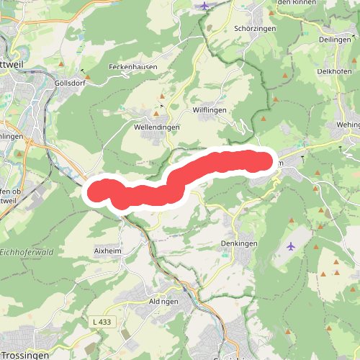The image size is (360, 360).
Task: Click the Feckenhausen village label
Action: pos(132,66)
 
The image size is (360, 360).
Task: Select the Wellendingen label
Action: pos(157,126)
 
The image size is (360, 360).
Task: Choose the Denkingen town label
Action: pos(239,243)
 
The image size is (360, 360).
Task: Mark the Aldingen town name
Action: pos(165,301)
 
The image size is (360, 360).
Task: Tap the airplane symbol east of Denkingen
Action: pos(290,246)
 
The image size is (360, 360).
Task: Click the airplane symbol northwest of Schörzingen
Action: pos(206,6)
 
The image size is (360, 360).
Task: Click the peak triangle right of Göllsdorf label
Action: pos(88,75)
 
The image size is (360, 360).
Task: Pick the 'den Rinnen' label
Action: pos(295,3)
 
